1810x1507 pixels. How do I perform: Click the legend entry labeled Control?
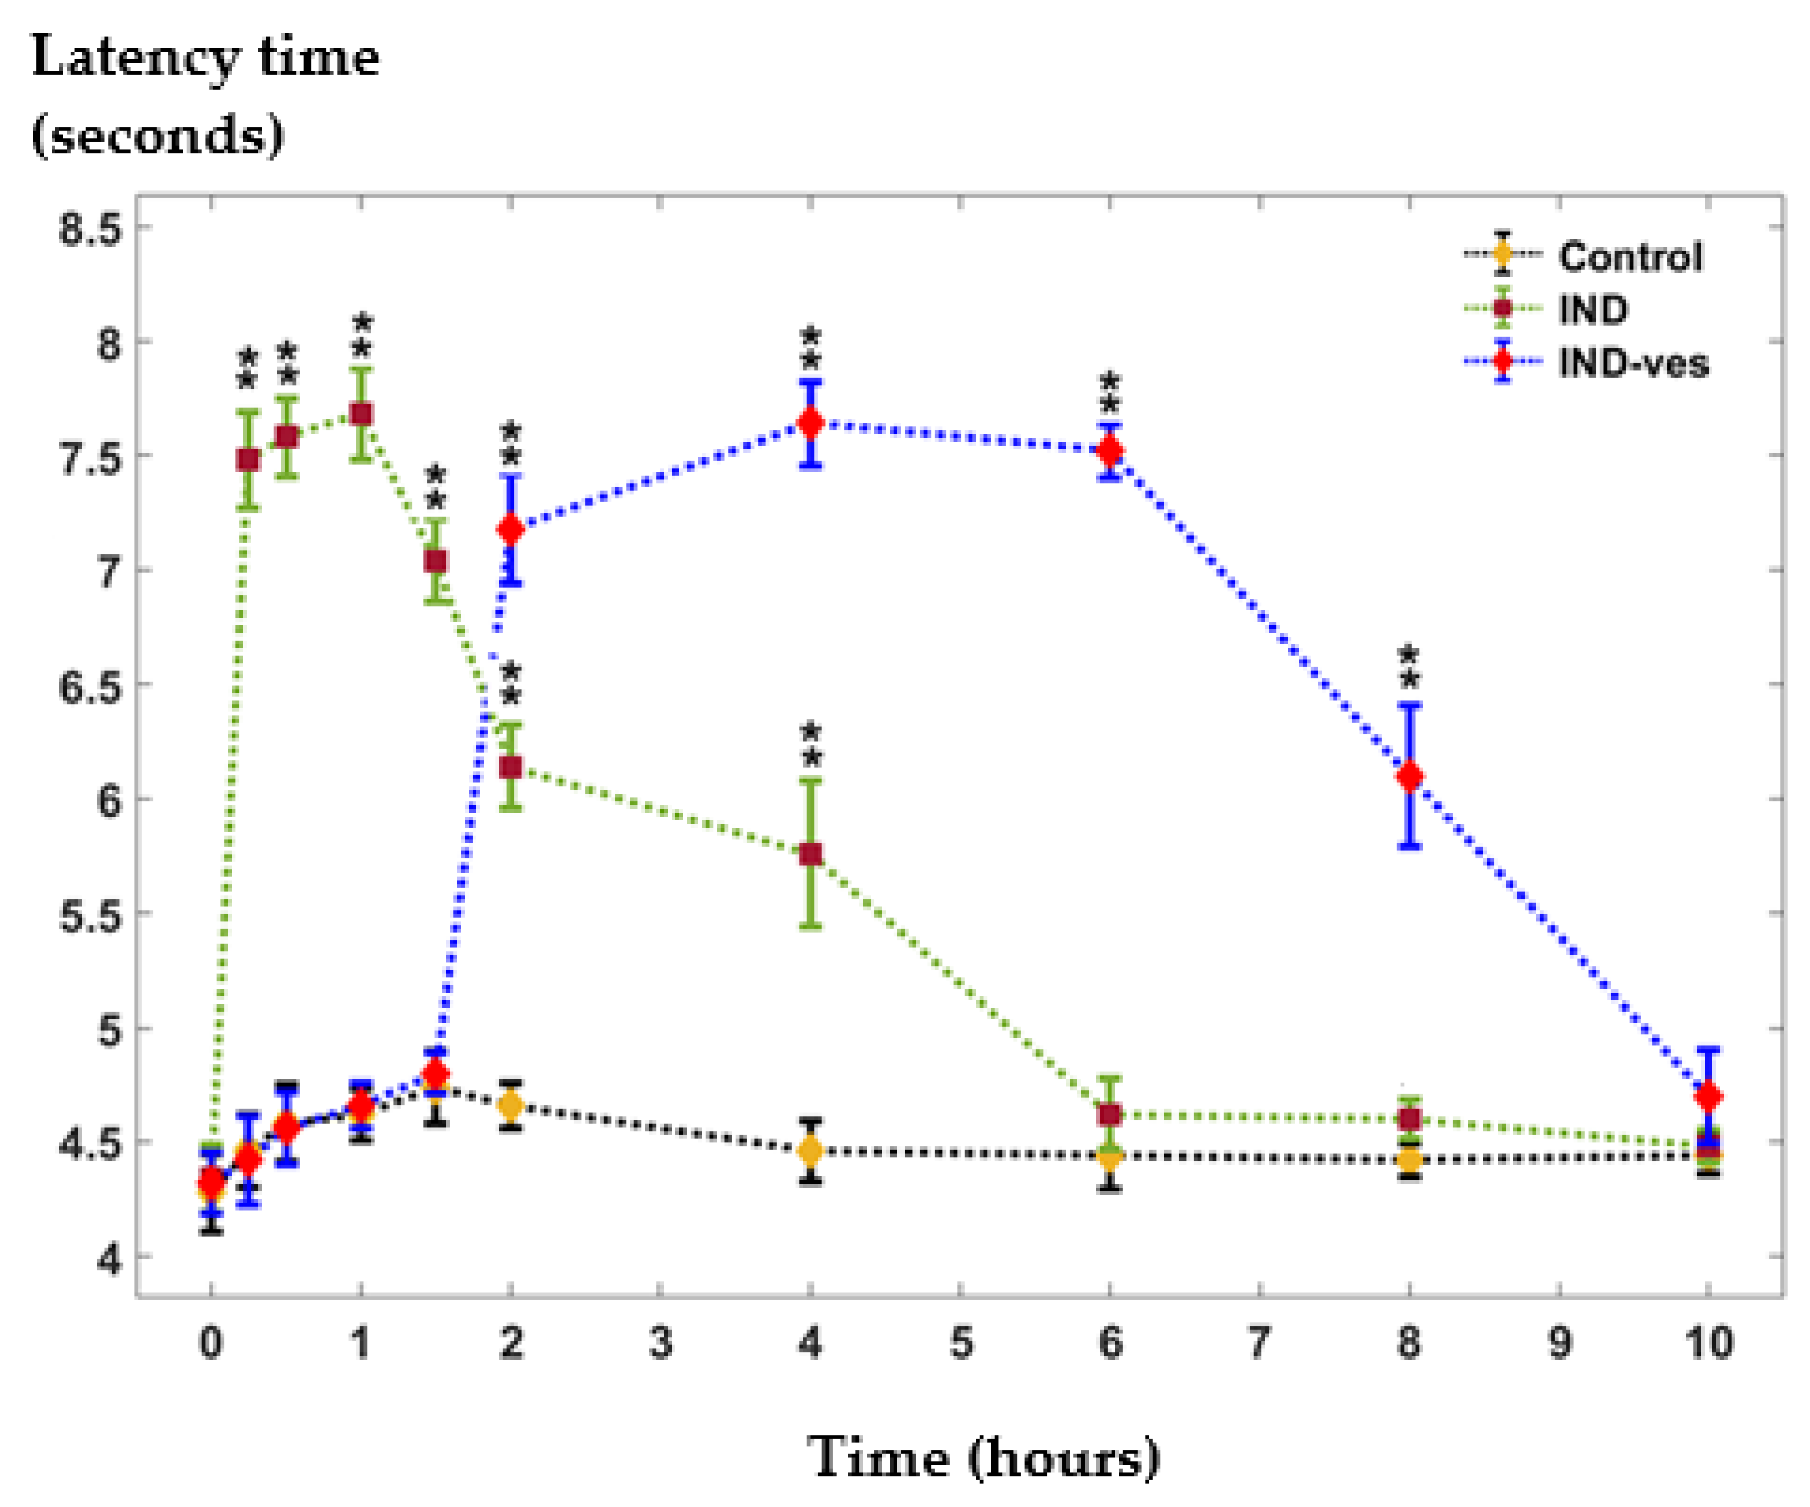pyautogui.click(x=1629, y=256)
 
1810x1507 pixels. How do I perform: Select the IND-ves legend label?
pyautogui.click(x=1632, y=363)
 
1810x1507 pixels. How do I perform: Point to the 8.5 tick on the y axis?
pyautogui.click(x=90, y=230)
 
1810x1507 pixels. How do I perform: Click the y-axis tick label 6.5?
pyautogui.click(x=90, y=687)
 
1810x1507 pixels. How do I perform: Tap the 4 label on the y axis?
pyautogui.click(x=109, y=1259)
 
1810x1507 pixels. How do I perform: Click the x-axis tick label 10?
pyautogui.click(x=1709, y=1342)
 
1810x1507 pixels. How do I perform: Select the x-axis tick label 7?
pyautogui.click(x=1259, y=1342)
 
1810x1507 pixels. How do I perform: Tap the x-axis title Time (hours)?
pyautogui.click(x=983, y=1457)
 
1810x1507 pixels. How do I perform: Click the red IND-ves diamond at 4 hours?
pyautogui.click(x=810, y=423)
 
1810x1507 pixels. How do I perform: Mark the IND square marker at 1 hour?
pyautogui.click(x=362, y=415)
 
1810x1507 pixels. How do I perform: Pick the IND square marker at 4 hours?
pyautogui.click(x=810, y=854)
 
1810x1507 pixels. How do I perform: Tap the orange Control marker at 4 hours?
pyautogui.click(x=810, y=1151)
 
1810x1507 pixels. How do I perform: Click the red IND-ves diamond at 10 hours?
pyautogui.click(x=1709, y=1097)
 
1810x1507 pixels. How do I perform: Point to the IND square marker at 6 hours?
pyautogui.click(x=1110, y=1115)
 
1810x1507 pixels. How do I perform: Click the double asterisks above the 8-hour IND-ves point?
pyautogui.click(x=1409, y=667)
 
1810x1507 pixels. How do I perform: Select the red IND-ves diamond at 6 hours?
pyautogui.click(x=1110, y=450)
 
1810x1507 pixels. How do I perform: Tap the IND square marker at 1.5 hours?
pyautogui.click(x=436, y=562)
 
